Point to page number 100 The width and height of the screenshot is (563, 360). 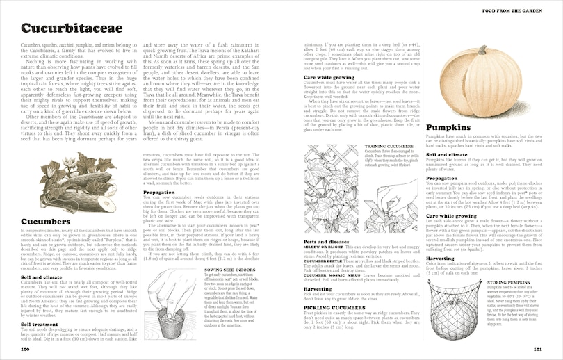tap(25, 349)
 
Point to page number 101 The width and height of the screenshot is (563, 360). tap(537, 349)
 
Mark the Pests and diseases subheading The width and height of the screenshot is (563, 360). tap(326, 241)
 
